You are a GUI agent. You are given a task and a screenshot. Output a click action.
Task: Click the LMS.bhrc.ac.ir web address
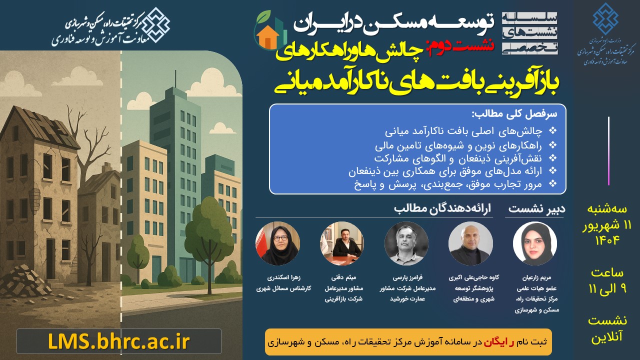[x=119, y=341]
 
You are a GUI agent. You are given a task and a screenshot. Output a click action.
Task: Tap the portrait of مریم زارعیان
[x=534, y=243]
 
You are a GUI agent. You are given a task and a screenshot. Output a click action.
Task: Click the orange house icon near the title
[x=268, y=36]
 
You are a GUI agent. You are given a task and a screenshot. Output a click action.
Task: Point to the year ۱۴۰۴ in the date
[x=607, y=240]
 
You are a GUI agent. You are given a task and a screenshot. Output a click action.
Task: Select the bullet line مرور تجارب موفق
[x=450, y=184]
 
